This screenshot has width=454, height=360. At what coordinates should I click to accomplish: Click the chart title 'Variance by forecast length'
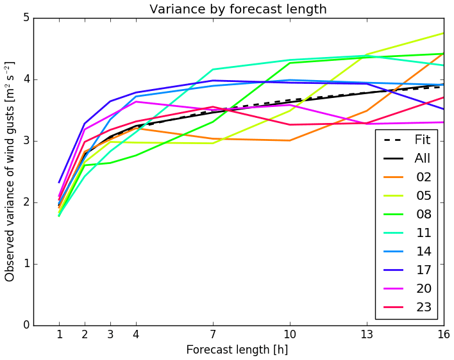pos(238,9)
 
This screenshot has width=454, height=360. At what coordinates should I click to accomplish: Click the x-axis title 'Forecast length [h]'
pos(237,350)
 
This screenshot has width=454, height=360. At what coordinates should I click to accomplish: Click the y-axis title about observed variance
pos(10,171)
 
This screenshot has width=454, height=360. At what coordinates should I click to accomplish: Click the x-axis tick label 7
pos(213,334)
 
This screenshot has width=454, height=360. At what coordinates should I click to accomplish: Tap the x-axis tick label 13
pos(366,334)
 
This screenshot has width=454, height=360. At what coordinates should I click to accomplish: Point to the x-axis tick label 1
pos(59,334)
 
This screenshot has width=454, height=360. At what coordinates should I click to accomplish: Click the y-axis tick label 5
pos(26,18)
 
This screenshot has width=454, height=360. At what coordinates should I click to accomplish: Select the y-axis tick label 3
pos(26,141)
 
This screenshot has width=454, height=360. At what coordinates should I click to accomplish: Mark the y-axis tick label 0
pos(26,325)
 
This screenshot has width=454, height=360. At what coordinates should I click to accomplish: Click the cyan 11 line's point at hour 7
pos(213,69)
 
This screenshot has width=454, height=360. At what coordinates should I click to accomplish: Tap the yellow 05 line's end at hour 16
pos(443,33)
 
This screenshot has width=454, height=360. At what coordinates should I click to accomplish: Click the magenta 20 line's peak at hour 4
pos(136,101)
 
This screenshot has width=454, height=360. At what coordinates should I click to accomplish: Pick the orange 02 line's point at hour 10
pos(290,140)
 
